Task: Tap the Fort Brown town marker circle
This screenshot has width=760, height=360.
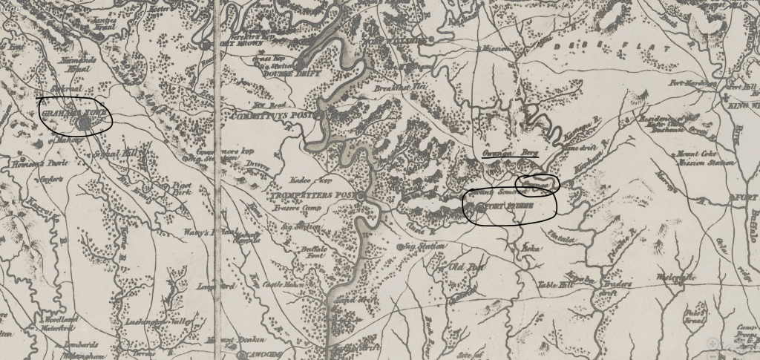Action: (206, 45)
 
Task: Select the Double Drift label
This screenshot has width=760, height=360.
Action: (284, 73)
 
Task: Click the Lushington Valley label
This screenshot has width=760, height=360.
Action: (160, 324)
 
